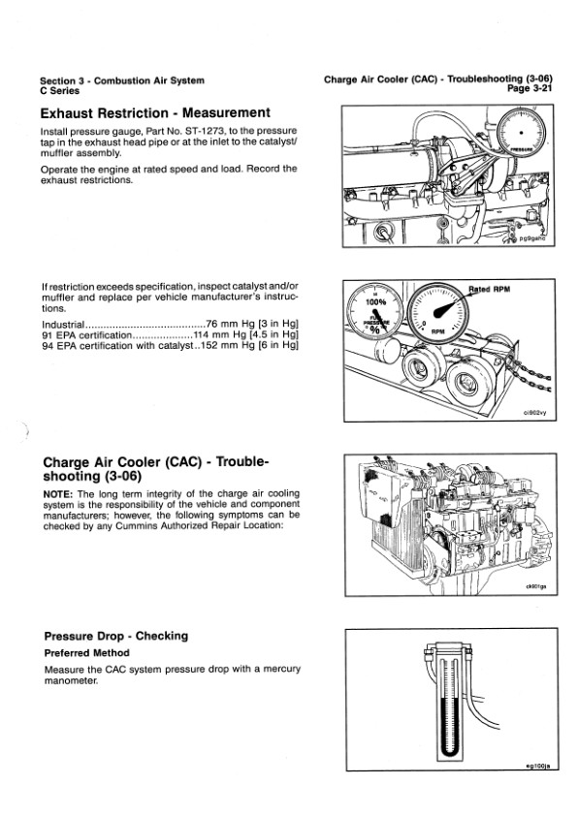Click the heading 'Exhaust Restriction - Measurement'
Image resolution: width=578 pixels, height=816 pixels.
pyautogui.click(x=155, y=113)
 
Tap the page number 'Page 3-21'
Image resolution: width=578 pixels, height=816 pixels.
pyautogui.click(x=530, y=88)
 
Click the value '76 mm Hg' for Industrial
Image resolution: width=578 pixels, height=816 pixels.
pyautogui.click(x=231, y=324)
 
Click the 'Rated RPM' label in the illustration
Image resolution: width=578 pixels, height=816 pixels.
pyautogui.click(x=490, y=290)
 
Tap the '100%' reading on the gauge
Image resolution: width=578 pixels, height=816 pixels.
pyautogui.click(x=376, y=301)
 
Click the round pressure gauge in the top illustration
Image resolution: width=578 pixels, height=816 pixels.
pyautogui.click(x=521, y=133)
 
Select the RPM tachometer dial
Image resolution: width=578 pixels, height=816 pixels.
pyautogui.click(x=437, y=314)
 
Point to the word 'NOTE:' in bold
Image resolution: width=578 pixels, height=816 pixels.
pyautogui.click(x=58, y=494)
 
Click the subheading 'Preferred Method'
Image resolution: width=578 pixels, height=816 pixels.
pyautogui.click(x=87, y=652)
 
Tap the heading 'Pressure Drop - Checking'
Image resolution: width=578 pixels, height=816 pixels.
pyautogui.click(x=116, y=636)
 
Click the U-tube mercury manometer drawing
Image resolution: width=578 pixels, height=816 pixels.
pyautogui.click(x=448, y=703)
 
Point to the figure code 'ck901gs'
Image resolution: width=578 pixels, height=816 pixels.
pyautogui.click(x=534, y=587)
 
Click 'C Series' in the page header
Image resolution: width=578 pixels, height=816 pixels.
pyautogui.click(x=60, y=90)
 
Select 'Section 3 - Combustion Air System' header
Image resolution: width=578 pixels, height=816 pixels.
pyautogui.click(x=122, y=80)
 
